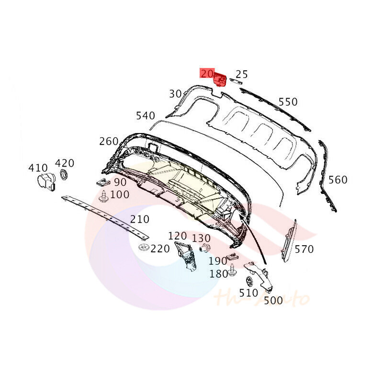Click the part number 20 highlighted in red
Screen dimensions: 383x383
(x=207, y=74)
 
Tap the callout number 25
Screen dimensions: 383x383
(x=242, y=74)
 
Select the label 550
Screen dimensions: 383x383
(x=288, y=101)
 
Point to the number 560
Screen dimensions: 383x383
(x=338, y=180)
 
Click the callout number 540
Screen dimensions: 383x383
(x=146, y=115)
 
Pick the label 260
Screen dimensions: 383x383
(x=109, y=141)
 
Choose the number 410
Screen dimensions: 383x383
(x=38, y=168)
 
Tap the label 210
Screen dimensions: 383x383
(x=140, y=219)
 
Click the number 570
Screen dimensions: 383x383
(x=304, y=249)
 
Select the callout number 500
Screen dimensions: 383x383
(x=273, y=300)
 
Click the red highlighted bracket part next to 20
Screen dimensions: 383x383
(x=220, y=79)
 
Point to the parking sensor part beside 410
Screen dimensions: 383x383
(x=45, y=181)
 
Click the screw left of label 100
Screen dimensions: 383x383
(x=103, y=196)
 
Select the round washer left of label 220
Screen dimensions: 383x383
(x=143, y=248)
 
